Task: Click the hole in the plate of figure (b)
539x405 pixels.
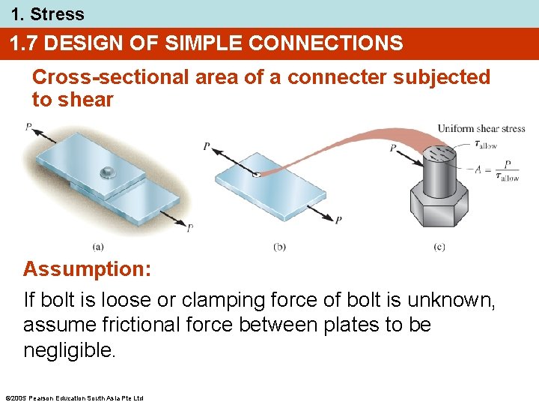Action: (256, 175)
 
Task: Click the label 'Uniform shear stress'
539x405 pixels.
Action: (481, 129)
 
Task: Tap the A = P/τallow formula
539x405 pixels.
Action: (496, 169)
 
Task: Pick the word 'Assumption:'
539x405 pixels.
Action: (87, 269)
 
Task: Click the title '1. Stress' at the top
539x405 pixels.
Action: (47, 13)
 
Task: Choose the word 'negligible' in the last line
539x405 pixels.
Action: (67, 350)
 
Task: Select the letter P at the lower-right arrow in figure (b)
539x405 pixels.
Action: (338, 220)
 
